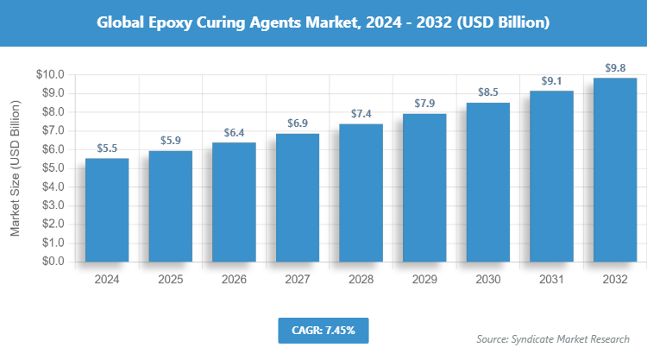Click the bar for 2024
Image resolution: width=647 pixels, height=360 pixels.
click(107, 210)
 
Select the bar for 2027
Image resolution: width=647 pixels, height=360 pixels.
click(298, 198)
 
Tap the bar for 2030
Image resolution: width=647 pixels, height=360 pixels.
click(488, 182)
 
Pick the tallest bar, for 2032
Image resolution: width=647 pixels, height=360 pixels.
click(615, 170)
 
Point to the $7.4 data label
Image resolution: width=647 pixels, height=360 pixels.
click(361, 113)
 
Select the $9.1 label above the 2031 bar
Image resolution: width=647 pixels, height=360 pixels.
click(551, 81)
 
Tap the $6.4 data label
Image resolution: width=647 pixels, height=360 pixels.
click(234, 132)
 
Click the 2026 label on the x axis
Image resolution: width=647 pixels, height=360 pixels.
click(234, 279)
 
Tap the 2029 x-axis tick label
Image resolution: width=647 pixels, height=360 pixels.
click(424, 279)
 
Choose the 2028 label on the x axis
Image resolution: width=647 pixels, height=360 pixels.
click(361, 279)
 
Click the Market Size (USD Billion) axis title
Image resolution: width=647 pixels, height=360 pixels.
click(15, 167)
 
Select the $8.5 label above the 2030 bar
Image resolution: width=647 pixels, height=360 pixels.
click(488, 92)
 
